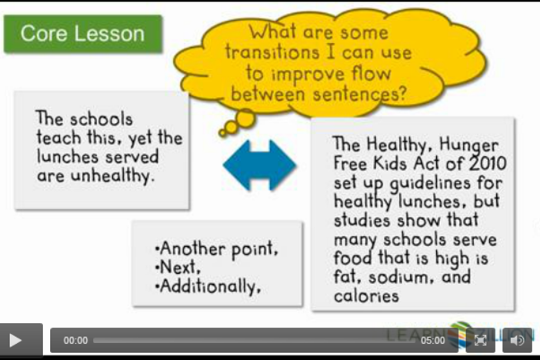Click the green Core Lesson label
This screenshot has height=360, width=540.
pyautogui.click(x=82, y=34)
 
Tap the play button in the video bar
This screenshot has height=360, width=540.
pyautogui.click(x=15, y=340)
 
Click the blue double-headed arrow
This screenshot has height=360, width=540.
pyautogui.click(x=260, y=165)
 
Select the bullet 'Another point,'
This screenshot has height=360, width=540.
pyautogui.click(x=216, y=248)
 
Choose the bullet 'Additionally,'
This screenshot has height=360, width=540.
pyautogui.click(x=208, y=286)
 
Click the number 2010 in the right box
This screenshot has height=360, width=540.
pyautogui.click(x=488, y=164)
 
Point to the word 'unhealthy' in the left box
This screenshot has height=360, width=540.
pyautogui.click(x=111, y=175)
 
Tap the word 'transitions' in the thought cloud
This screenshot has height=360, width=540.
pyautogui.click(x=272, y=52)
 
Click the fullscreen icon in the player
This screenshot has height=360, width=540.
pyautogui.click(x=480, y=340)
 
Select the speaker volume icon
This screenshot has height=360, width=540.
pyautogui.click(x=517, y=340)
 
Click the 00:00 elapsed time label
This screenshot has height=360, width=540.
pyautogui.click(x=75, y=341)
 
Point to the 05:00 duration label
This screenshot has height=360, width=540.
pyautogui.click(x=432, y=341)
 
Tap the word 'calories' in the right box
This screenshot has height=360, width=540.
pyautogui.click(x=366, y=296)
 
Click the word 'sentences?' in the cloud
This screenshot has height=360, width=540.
pyautogui.click(x=360, y=94)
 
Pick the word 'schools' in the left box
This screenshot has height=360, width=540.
pyautogui.click(x=102, y=119)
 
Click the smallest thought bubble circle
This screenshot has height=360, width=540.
pyautogui.click(x=222, y=132)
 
